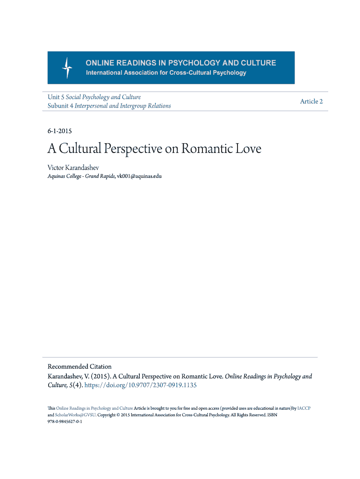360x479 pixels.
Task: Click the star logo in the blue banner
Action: point(67,68)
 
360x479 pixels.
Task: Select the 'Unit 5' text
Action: point(56,97)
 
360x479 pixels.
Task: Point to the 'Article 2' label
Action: point(311,102)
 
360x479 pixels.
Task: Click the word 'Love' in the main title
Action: point(249,149)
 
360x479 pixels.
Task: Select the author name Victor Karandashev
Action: point(73,167)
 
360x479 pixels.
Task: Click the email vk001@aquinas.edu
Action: point(139,176)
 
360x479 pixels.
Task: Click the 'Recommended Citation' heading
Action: point(79,366)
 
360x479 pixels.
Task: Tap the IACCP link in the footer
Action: point(304,408)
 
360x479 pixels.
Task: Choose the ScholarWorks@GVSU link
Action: point(75,415)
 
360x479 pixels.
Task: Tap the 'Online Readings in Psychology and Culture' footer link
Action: point(94,408)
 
